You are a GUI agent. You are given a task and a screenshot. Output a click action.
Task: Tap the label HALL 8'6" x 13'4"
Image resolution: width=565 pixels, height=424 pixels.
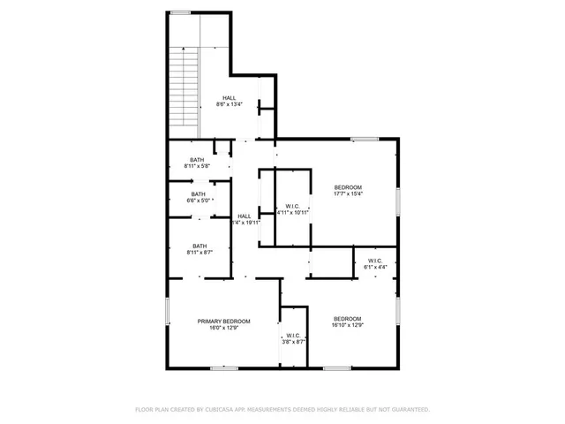(x=229, y=101)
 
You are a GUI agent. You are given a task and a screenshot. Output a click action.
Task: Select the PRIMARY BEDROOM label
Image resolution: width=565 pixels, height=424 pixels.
(x=223, y=324)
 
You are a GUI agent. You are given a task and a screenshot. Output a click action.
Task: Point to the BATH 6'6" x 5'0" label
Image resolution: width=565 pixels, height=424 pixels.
(x=198, y=197)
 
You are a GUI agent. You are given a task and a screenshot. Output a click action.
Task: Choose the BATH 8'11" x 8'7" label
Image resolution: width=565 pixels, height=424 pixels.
(x=199, y=249)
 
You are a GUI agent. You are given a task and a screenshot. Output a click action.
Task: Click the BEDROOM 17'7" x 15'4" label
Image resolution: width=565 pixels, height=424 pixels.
(x=347, y=190)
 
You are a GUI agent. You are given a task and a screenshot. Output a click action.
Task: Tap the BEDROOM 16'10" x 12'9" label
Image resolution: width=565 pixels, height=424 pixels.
(x=347, y=322)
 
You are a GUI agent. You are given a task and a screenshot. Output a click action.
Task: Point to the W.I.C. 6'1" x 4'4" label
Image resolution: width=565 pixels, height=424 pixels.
(x=374, y=264)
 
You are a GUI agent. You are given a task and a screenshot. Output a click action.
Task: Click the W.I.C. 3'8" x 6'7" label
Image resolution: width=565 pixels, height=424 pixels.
(x=293, y=338)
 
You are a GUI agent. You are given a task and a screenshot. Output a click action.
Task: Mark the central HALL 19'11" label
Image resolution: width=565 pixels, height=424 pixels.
(x=244, y=219)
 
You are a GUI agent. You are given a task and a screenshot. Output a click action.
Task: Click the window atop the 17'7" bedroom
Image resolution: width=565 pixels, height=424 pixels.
(x=364, y=138)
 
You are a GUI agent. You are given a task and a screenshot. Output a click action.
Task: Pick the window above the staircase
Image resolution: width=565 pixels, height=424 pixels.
(x=181, y=12)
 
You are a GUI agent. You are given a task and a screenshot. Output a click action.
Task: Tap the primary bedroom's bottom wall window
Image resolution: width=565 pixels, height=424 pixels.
(x=223, y=368)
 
